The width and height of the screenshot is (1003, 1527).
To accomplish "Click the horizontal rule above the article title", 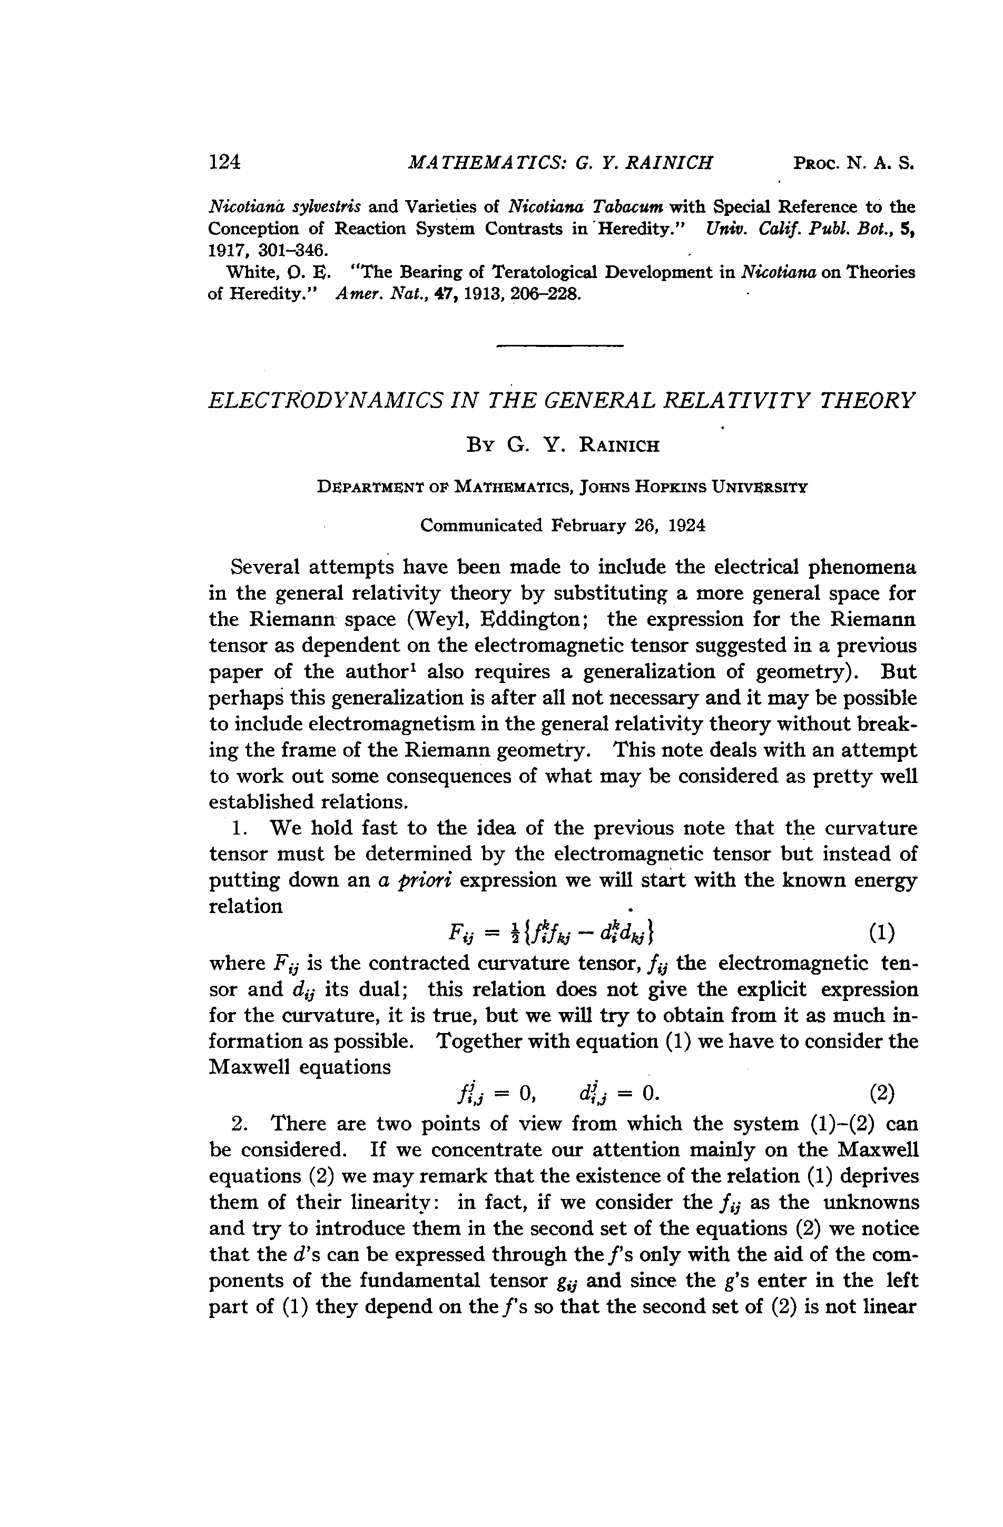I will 560,347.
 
